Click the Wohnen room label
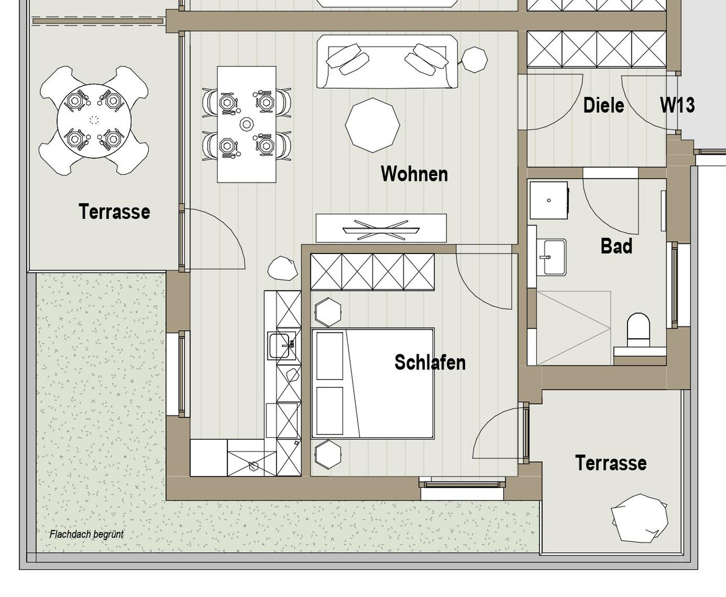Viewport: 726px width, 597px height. [414, 174]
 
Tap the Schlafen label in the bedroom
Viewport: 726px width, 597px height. [430, 362]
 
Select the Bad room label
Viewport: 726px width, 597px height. [616, 246]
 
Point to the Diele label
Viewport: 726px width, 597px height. [603, 105]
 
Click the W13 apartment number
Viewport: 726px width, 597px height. [677, 105]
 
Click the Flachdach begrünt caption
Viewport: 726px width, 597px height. [87, 534]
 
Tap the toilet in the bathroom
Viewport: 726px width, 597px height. [638, 330]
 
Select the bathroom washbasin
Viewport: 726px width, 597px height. [551, 257]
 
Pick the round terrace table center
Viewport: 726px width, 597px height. [94, 120]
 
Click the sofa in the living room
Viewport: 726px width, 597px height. [387, 62]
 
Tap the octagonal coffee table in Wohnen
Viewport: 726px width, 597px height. [373, 125]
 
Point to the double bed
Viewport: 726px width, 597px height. [373, 383]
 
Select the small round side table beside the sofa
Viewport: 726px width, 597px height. [474, 59]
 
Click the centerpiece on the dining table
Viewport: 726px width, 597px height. [246, 124]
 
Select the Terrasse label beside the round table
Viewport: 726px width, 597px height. [114, 211]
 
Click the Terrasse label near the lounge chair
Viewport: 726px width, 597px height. [610, 463]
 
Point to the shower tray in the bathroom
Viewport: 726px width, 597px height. [574, 328]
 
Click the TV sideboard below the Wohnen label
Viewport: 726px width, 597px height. [381, 228]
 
